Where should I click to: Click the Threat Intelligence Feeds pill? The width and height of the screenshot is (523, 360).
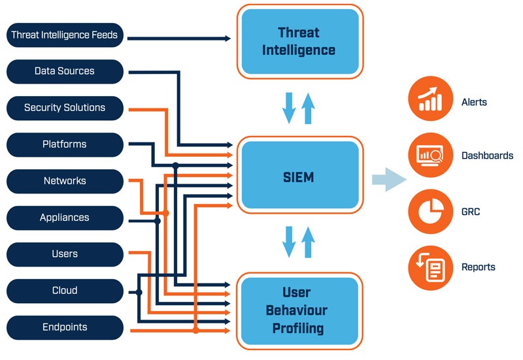[x=65, y=35]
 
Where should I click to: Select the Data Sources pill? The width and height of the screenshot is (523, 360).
[x=65, y=71]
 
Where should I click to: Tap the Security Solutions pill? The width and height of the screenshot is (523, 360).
[x=65, y=108]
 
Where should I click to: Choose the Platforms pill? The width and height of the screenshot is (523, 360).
[x=65, y=144]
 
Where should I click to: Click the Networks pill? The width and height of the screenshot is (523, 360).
[x=65, y=181]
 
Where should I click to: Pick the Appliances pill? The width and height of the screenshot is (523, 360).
[x=65, y=218]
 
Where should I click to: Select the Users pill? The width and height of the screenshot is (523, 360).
[x=65, y=254]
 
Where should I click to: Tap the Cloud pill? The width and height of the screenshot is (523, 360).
[x=65, y=291]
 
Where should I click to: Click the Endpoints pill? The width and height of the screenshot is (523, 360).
[x=65, y=327]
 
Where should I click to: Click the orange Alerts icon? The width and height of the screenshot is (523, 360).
[x=430, y=99]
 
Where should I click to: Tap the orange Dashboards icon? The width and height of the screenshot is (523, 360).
[x=430, y=155]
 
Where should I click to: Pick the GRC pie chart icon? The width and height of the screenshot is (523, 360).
[x=430, y=212]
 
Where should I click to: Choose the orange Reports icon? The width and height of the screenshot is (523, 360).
[x=430, y=267]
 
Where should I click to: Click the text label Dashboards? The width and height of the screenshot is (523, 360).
[x=487, y=156]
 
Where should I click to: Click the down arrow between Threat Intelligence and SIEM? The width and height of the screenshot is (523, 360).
[x=289, y=108]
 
